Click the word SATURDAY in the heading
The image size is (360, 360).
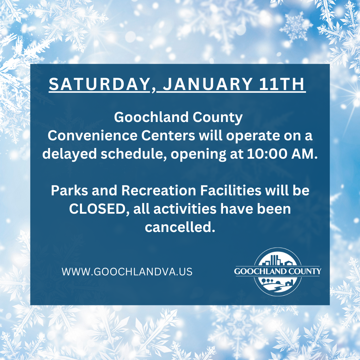[x=99, y=84]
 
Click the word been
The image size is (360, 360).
[x=275, y=209]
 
